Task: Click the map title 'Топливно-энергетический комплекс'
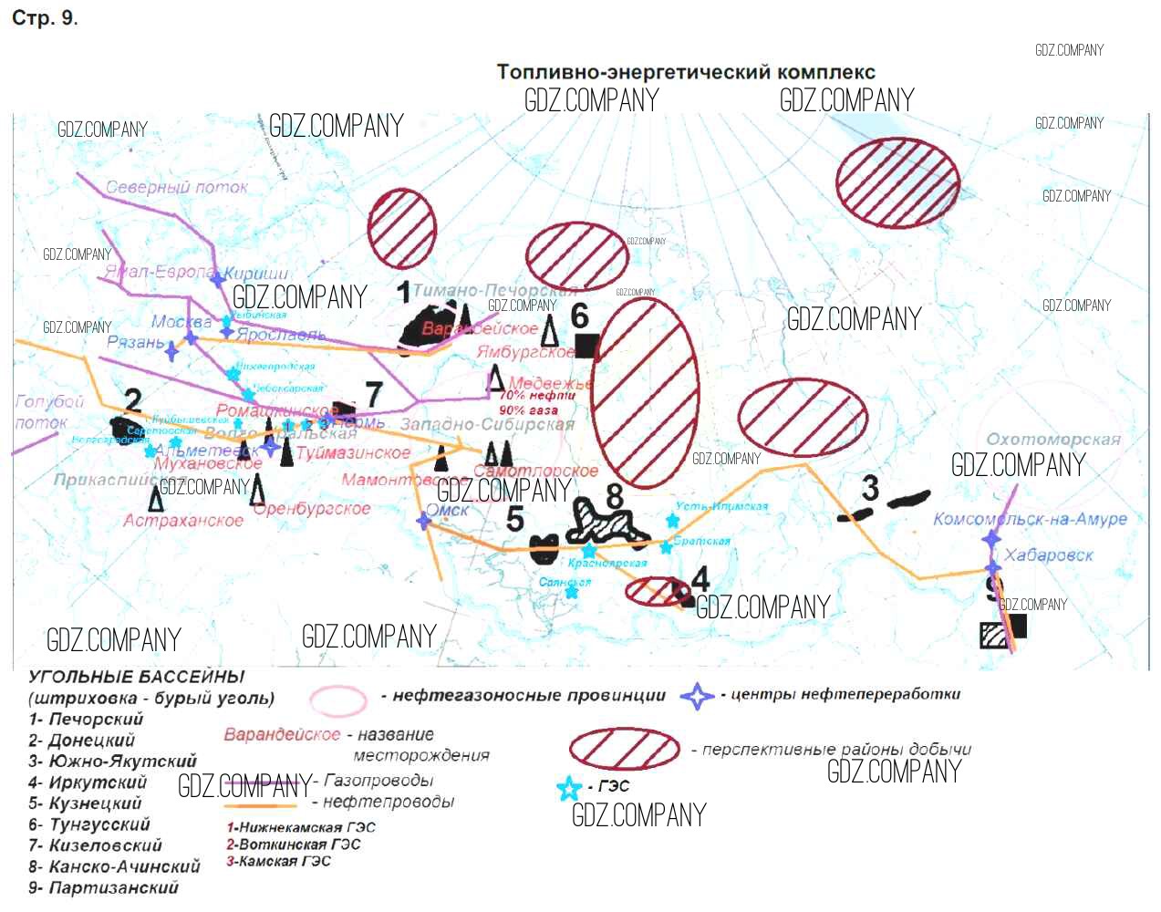pyautogui.click(x=685, y=73)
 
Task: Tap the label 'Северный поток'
pyautogui.click(x=177, y=187)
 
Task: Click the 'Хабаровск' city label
pyautogui.click(x=1048, y=554)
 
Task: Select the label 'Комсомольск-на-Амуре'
pyautogui.click(x=1030, y=519)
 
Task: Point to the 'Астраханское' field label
pyautogui.click(x=183, y=521)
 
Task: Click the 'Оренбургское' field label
pyautogui.click(x=312, y=509)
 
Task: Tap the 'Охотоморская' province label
pyautogui.click(x=1053, y=440)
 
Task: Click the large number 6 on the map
pyautogui.click(x=580, y=316)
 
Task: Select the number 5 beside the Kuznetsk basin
pyautogui.click(x=515, y=519)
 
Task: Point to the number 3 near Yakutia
pyautogui.click(x=870, y=489)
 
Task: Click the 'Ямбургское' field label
pyautogui.click(x=525, y=352)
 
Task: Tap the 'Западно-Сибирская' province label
pyautogui.click(x=488, y=424)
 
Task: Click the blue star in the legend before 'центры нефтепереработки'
pyautogui.click(x=698, y=697)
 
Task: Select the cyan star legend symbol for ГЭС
pyautogui.click(x=569, y=788)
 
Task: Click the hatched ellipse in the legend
pyautogui.click(x=625, y=749)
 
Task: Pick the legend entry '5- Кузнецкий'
pyautogui.click(x=85, y=803)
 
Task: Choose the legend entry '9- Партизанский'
pyautogui.click(x=103, y=887)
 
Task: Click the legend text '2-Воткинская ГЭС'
pyautogui.click(x=293, y=845)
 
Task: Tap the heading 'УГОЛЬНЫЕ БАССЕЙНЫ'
pyautogui.click(x=137, y=678)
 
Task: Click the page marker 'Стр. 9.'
pyautogui.click(x=45, y=18)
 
